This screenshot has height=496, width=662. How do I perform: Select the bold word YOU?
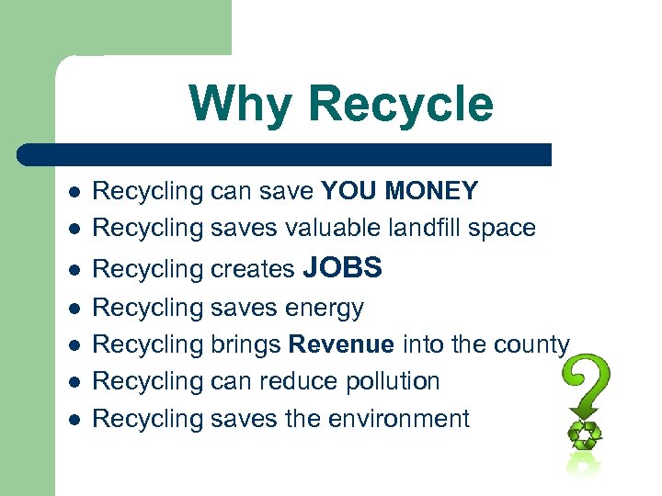348,191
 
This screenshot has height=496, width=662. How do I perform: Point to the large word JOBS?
341,267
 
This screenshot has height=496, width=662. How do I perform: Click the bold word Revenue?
341,344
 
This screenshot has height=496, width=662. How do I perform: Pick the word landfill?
414,228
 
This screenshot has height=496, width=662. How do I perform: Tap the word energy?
325,309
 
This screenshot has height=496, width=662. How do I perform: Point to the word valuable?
326,228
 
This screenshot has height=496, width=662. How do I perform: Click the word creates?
253,269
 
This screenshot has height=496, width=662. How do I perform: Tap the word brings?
245,345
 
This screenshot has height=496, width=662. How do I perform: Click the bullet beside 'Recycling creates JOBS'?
74,269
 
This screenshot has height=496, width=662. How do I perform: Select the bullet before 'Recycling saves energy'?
74,309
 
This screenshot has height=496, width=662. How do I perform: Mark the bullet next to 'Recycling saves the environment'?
74,420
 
